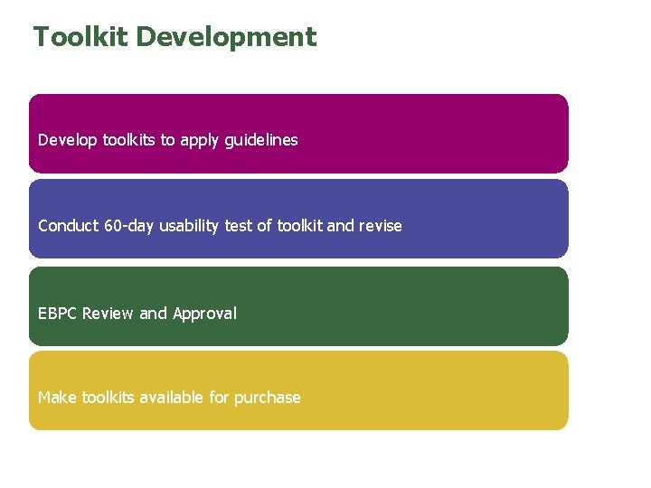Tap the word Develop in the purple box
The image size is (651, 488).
coord(68,140)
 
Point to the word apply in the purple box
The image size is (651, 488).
coord(197,141)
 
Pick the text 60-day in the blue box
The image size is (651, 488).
coord(130,226)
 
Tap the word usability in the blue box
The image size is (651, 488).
coord(189,226)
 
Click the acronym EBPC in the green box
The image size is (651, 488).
coord(58,314)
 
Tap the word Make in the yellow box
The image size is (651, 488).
coord(58,398)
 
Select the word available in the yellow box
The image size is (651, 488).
coord(171,398)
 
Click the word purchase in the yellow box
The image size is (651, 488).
coord(267,399)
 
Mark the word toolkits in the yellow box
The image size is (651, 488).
coord(108,398)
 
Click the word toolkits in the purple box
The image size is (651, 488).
coord(129,140)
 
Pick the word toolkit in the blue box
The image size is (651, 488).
coord(299,226)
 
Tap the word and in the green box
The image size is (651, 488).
coord(154,314)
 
